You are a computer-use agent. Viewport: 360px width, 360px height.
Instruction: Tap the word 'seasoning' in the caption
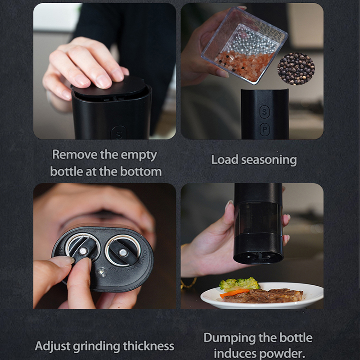tap(269, 160)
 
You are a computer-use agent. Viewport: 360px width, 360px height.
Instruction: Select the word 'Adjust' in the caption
tap(53, 346)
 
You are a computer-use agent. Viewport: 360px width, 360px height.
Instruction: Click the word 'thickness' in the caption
tap(148, 346)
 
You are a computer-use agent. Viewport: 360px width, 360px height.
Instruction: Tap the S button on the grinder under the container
tap(265, 112)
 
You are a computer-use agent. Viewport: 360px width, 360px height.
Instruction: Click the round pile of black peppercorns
tap(296, 69)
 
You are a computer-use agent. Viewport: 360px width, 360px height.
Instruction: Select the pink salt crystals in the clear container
tap(244, 65)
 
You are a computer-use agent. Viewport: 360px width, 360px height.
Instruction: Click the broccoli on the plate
tap(239, 284)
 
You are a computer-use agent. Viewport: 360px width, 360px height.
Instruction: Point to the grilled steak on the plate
tap(263, 296)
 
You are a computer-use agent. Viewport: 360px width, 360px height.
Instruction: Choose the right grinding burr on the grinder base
tap(123, 250)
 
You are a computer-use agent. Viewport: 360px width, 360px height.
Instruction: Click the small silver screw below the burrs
tap(101, 273)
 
